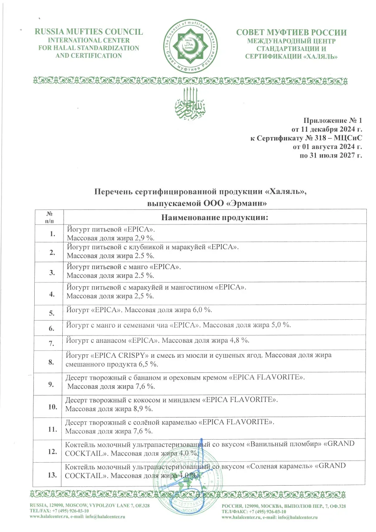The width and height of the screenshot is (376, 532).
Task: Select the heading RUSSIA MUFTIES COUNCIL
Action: (89, 32)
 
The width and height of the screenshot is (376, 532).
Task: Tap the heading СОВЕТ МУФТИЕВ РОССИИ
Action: (291, 33)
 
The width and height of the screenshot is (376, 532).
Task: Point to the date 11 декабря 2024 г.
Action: (330, 130)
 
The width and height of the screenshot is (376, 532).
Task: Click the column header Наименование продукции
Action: (214, 217)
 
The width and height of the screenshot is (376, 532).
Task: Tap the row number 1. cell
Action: (53, 234)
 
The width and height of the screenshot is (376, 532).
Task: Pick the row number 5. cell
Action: (53, 312)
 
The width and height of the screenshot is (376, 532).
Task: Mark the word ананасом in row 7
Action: (110, 341)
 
